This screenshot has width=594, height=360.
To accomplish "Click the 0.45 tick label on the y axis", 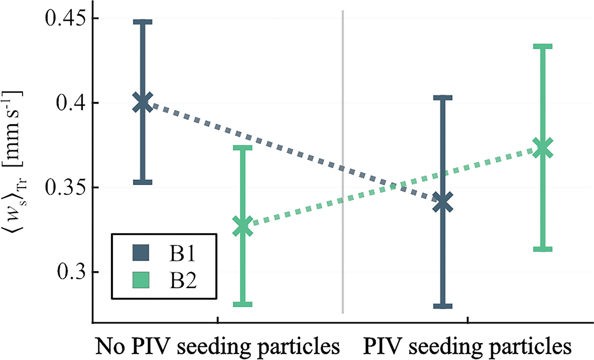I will [65, 19].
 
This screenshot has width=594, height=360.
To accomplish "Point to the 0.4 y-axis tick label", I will [72, 103].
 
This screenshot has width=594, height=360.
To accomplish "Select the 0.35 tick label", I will [65, 188].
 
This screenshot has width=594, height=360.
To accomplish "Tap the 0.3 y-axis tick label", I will [72, 273].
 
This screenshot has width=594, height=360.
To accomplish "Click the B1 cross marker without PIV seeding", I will [142, 102].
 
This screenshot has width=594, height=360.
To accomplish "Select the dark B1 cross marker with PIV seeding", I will [443, 202].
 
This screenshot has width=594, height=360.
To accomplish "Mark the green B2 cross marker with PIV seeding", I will [542, 147].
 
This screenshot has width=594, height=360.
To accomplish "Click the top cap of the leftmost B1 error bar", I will [142, 21].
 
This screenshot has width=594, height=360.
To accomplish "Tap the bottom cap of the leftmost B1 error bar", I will [142, 182].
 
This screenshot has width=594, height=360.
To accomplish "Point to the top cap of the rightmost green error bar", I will [542, 46].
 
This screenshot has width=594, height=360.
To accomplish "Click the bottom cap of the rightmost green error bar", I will [542, 249].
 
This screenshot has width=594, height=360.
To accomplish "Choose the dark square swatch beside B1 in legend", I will [141, 253].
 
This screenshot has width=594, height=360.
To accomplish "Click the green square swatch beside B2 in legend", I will [141, 280].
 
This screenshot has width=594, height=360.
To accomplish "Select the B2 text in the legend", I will [183, 280].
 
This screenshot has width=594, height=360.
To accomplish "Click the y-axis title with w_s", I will [15, 165].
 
